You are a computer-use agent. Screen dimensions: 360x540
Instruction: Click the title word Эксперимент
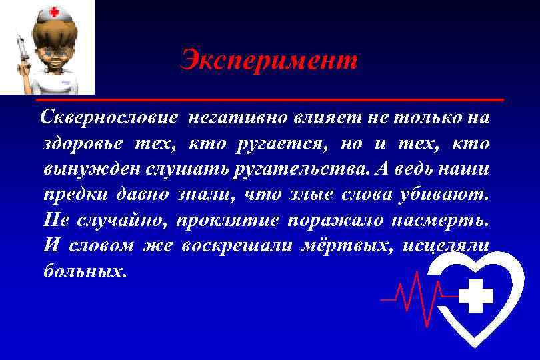(269, 61)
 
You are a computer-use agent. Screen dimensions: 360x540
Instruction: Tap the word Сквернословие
(109, 119)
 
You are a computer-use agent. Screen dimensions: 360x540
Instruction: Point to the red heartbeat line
(413, 293)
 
